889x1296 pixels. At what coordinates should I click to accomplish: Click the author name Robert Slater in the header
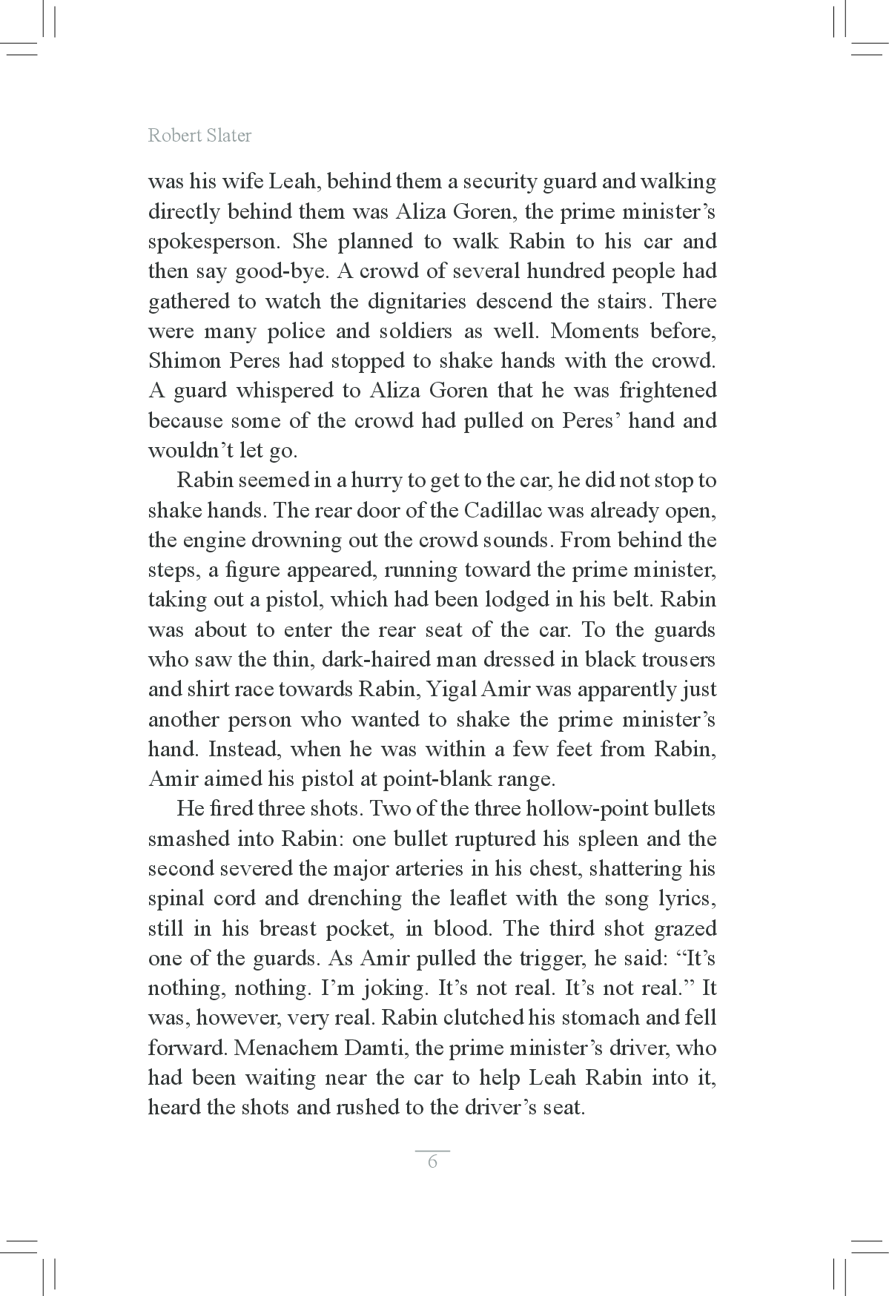(199, 135)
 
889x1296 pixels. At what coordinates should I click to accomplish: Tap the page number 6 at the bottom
(433, 1162)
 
